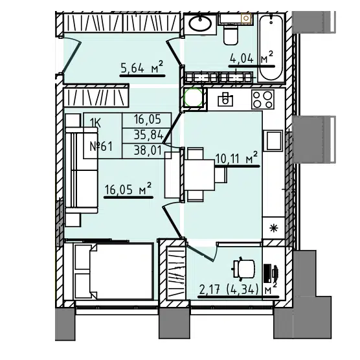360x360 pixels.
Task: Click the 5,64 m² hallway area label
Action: [x=142, y=68]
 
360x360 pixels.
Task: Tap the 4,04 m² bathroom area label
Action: [x=252, y=58]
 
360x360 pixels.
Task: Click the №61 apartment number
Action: [x=101, y=146]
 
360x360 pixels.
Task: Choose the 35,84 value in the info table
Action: [x=148, y=135]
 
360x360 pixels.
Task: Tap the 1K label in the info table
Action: [x=95, y=124]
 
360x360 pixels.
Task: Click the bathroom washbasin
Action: [x=200, y=23]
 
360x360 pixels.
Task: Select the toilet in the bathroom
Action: [x=231, y=35]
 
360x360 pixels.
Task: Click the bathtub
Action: [x=271, y=47]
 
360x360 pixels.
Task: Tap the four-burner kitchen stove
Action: [x=263, y=99]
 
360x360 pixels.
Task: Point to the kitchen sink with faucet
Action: [x=225, y=99]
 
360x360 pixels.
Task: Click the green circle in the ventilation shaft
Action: [x=194, y=97]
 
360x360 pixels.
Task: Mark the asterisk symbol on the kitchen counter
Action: [x=273, y=229]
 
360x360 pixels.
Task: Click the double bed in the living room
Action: [x=113, y=271]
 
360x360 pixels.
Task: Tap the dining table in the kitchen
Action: [x=199, y=175]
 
